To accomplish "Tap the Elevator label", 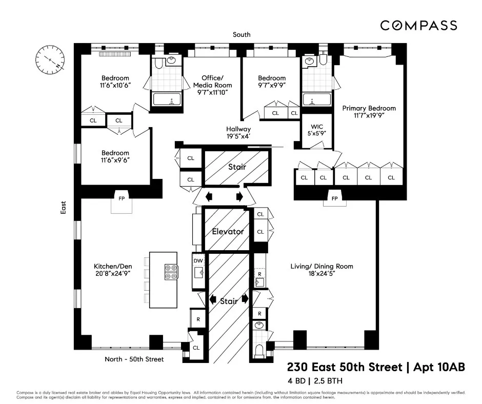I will (x=228, y=231).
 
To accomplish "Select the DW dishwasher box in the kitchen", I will (x=198, y=260).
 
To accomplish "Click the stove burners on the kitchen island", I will (x=171, y=272).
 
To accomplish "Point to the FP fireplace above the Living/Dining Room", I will (x=334, y=198).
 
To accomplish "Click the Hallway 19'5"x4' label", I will (x=238, y=133).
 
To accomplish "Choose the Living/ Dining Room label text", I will (x=322, y=266).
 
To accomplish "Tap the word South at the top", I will (x=241, y=35).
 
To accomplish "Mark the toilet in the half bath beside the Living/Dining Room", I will (x=260, y=351).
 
